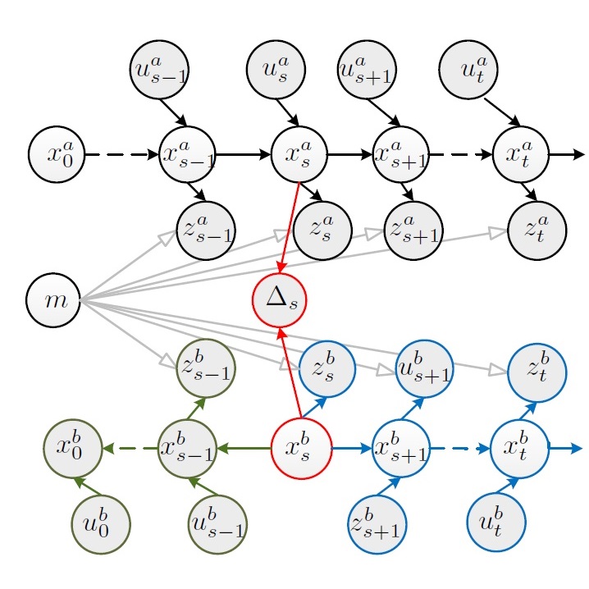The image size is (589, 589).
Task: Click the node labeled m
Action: (x=56, y=301)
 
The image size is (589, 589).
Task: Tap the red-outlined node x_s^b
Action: (x=301, y=449)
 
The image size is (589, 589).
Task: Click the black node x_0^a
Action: (x=57, y=154)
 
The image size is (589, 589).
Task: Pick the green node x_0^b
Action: (x=72, y=449)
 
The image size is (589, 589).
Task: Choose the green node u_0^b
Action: (x=101, y=523)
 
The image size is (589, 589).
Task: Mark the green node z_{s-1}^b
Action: (x=206, y=367)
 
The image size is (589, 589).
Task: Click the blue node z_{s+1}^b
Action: (x=377, y=523)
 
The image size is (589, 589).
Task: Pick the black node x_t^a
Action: (x=520, y=154)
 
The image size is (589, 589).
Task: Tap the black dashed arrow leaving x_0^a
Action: (x=121, y=154)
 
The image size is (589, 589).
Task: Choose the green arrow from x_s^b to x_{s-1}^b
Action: (x=244, y=449)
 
